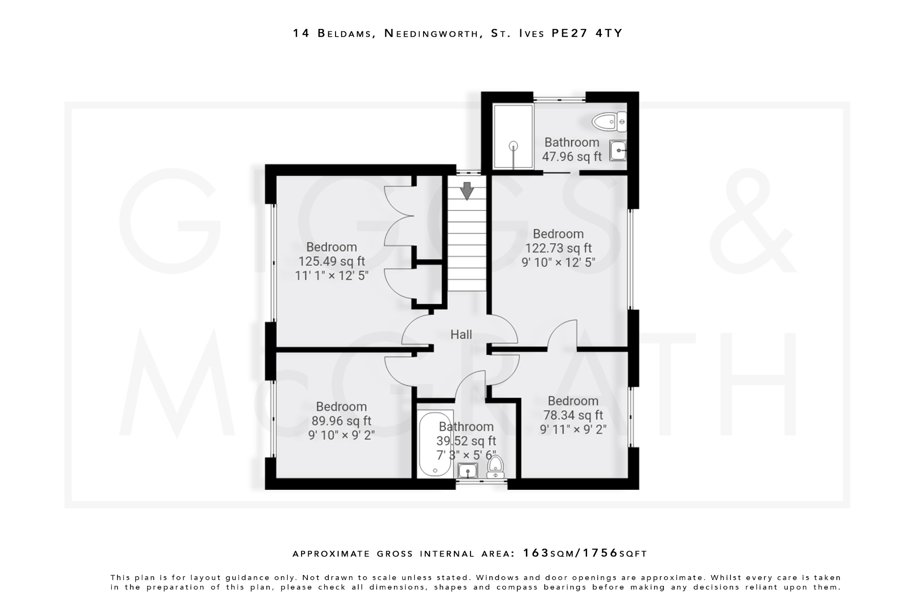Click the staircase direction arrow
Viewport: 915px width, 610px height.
tap(467, 191)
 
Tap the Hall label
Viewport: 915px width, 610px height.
tap(461, 334)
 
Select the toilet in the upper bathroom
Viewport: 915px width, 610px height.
tap(609, 122)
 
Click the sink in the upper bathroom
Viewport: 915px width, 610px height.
tap(618, 151)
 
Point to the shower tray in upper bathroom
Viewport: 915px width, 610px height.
tap(513, 136)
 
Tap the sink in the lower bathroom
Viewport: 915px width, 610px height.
tap(468, 471)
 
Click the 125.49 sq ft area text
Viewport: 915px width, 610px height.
tap(332, 261)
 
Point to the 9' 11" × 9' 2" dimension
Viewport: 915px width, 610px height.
tap(573, 429)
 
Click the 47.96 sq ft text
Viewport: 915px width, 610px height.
tap(571, 157)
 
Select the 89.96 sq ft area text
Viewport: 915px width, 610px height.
tap(341, 421)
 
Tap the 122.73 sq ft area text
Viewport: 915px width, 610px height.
tap(558, 248)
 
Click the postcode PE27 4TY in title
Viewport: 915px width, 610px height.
tap(587, 34)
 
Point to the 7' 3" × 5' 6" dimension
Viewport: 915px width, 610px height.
tap(466, 455)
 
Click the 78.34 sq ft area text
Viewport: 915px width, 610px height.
tap(573, 415)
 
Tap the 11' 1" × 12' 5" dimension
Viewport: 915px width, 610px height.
tap(332, 276)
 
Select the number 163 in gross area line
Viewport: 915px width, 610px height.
tap(536, 553)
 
